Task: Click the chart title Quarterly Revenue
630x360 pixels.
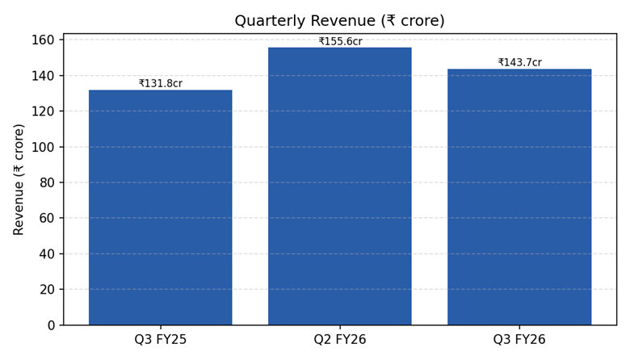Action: (x=351, y=21)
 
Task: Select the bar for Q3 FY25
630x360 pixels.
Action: (x=160, y=207)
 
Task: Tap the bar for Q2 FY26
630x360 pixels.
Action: (x=340, y=186)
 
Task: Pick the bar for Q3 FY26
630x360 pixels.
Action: (x=519, y=197)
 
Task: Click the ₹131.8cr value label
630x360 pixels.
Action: (x=160, y=83)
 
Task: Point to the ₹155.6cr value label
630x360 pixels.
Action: (x=340, y=41)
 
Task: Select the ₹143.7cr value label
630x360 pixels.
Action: (x=519, y=62)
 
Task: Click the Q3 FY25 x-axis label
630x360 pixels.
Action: (x=160, y=340)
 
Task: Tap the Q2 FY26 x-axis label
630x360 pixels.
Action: (x=340, y=340)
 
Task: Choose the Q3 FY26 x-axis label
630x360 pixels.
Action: (x=519, y=340)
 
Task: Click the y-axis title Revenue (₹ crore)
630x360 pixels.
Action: (x=19, y=179)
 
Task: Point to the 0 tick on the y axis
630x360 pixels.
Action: (x=50, y=325)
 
